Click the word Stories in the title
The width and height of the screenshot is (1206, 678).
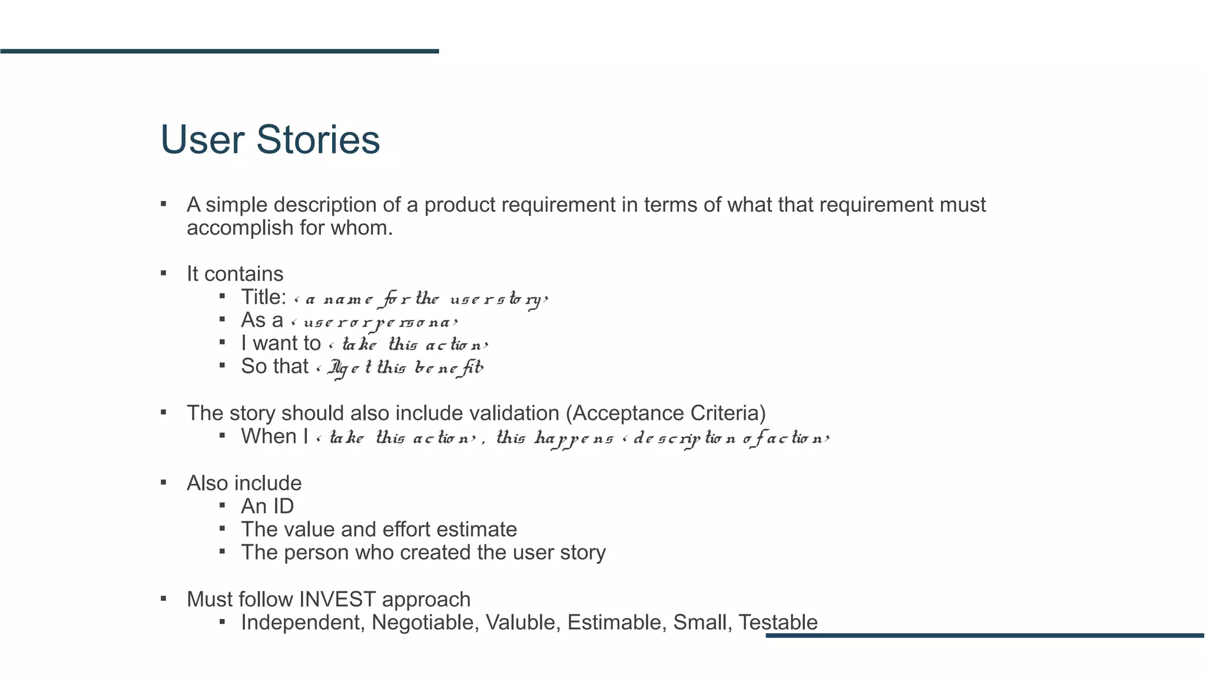click(x=318, y=140)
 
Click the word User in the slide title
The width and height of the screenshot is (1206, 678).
click(x=202, y=140)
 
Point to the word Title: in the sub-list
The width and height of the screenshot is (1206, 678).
click(x=264, y=297)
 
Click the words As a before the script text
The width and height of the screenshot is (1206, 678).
click(x=262, y=320)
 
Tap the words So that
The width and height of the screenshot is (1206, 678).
click(x=274, y=366)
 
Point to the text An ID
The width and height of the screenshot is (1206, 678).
click(x=267, y=506)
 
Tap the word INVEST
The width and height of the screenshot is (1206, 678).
click(x=337, y=599)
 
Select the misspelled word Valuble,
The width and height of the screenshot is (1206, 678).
click(x=523, y=622)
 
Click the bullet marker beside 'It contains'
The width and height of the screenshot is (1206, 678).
click(x=164, y=274)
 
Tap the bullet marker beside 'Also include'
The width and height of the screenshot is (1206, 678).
click(x=164, y=483)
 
